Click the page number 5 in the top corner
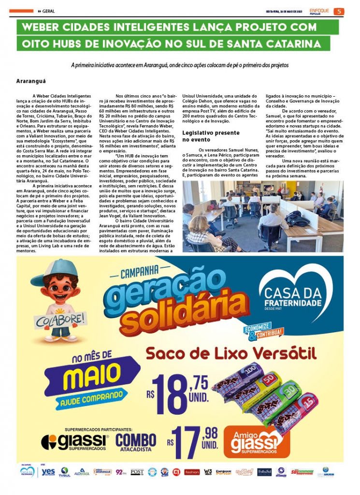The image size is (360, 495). click(340, 11)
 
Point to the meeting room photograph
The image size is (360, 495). click(263, 216)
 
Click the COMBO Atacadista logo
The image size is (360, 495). click(135, 442)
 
